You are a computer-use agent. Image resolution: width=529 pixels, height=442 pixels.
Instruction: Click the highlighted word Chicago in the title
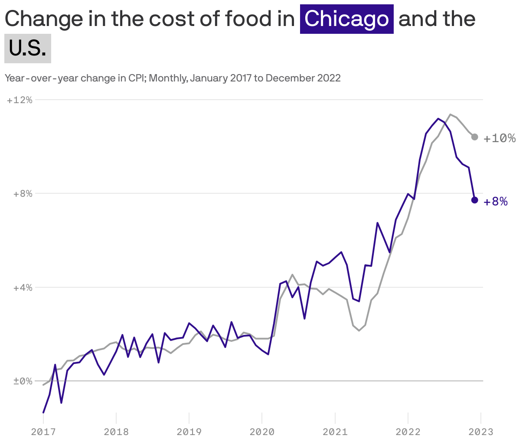point(346,19)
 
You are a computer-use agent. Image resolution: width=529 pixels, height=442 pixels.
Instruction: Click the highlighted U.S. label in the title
point(28,49)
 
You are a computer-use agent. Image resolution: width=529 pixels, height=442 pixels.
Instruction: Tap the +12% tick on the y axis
point(20,100)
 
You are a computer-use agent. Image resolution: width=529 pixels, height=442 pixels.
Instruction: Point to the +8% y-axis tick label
point(22,194)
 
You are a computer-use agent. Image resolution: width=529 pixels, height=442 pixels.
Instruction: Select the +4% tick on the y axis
point(22,288)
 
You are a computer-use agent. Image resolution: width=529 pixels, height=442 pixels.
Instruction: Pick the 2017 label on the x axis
point(43,432)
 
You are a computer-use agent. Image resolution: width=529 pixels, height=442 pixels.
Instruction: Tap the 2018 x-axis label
point(116,432)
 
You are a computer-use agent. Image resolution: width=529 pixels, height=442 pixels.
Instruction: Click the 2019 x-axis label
point(189,432)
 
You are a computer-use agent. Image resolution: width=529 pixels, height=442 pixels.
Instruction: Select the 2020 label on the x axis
point(262,432)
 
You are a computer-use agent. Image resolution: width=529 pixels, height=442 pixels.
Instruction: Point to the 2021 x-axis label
point(335,432)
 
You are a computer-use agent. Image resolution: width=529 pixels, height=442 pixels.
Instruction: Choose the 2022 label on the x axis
point(408,432)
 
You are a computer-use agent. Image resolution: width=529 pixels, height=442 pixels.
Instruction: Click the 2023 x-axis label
point(481,432)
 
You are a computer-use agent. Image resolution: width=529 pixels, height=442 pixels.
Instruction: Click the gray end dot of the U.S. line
point(475,137)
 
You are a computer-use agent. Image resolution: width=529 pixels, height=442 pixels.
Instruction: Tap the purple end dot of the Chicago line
point(475,200)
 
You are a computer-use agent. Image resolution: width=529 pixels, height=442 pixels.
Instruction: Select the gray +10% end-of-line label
point(500,138)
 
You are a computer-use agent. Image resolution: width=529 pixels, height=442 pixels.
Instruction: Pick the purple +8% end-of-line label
point(496,202)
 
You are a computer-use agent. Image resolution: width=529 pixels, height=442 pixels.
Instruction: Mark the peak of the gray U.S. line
point(451,114)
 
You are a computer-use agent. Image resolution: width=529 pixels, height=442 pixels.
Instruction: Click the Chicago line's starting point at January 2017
point(43,412)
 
